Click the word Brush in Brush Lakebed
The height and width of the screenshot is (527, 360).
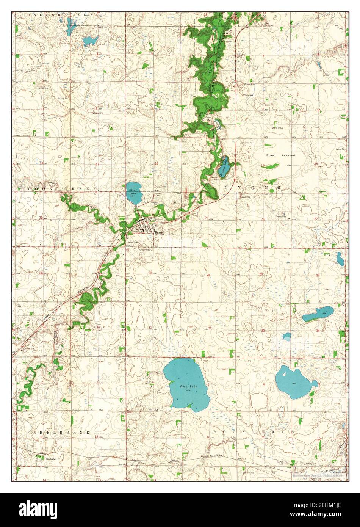(x=271, y=155)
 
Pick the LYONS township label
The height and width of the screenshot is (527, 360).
(x=252, y=188)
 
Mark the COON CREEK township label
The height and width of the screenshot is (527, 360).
(x=63, y=188)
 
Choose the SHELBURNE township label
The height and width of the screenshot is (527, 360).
(x=61, y=432)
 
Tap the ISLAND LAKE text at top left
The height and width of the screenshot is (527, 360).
(x=56, y=15)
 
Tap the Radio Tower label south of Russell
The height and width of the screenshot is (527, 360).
(x=134, y=242)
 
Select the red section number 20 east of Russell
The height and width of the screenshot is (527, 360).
(x=206, y=218)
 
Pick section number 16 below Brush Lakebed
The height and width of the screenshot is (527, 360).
(x=263, y=165)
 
